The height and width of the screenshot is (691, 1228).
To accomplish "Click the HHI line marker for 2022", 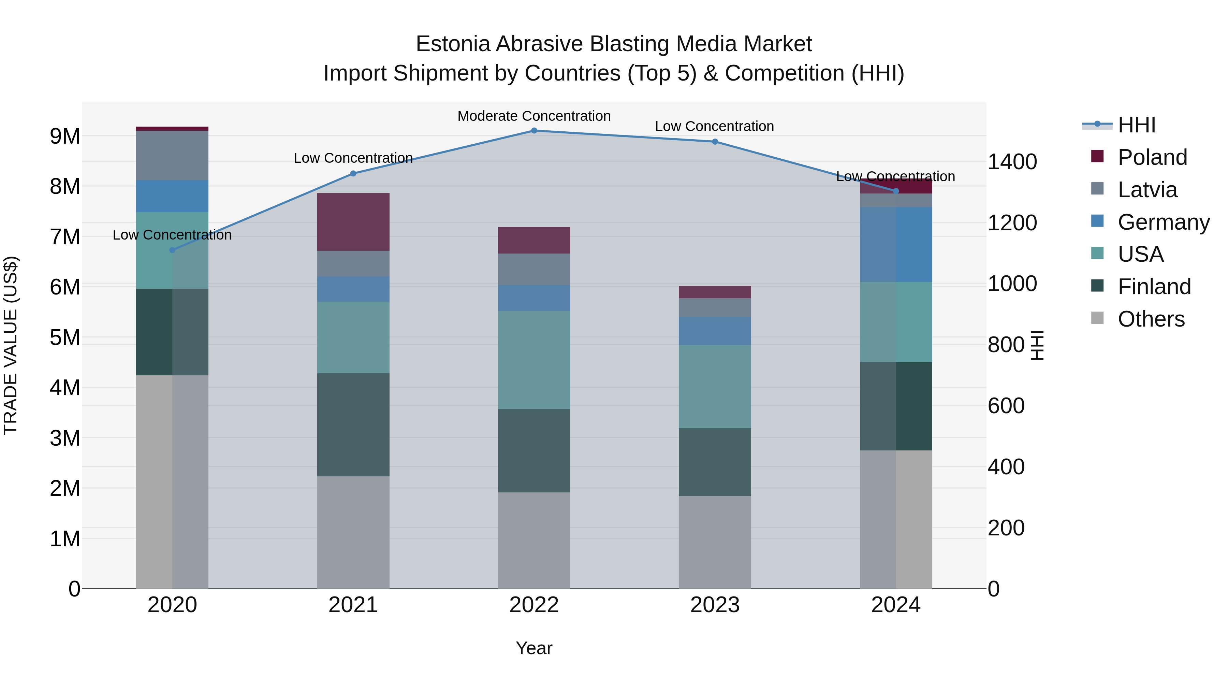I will coord(534,131).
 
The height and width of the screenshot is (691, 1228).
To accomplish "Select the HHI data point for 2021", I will coord(353,174).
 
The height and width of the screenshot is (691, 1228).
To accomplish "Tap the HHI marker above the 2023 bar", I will coord(715,142).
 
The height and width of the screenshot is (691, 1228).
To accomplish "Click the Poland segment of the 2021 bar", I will coord(353,222).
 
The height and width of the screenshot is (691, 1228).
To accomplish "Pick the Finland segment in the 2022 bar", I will coord(534,451).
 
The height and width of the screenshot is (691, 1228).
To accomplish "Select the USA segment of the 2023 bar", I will coord(715,386).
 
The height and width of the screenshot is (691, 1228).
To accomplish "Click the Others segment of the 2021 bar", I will coord(353,532).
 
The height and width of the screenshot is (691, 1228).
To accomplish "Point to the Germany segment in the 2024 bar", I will coord(896,244).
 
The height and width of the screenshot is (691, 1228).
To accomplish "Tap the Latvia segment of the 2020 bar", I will coord(172,156).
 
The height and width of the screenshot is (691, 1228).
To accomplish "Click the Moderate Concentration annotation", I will coord(534,116).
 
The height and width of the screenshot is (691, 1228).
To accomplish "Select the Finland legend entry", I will coord(1154,287).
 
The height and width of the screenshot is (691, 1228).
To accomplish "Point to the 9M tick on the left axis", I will coord(65,136).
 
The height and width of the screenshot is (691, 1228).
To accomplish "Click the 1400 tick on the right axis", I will coord(1012,162).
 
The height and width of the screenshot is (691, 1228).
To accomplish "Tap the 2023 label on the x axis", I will coord(715,605).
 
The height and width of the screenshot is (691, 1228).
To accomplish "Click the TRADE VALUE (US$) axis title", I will coord(11,345).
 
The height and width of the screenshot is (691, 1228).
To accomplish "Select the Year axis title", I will coord(534,648).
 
